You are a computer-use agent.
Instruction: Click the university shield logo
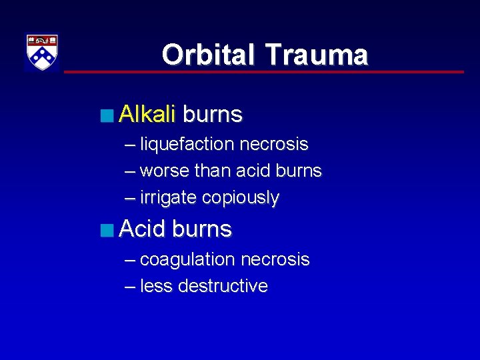[42, 53]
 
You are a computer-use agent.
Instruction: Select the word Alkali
[147, 115]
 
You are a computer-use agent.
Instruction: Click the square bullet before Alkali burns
[107, 116]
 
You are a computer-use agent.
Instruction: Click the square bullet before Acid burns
[107, 231]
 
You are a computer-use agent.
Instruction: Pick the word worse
[165, 171]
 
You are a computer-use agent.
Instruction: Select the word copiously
[241, 198]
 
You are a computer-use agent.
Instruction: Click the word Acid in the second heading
[143, 229]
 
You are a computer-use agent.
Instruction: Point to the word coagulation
[187, 259]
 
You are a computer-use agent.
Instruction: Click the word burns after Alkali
[212, 115]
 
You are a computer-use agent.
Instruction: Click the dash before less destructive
[129, 287]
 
